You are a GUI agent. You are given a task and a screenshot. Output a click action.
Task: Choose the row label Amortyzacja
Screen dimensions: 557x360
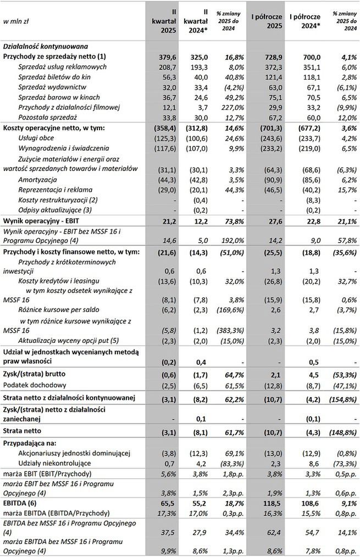point(40,179)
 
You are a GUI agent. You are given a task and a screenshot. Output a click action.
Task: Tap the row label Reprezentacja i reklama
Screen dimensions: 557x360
point(59,188)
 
